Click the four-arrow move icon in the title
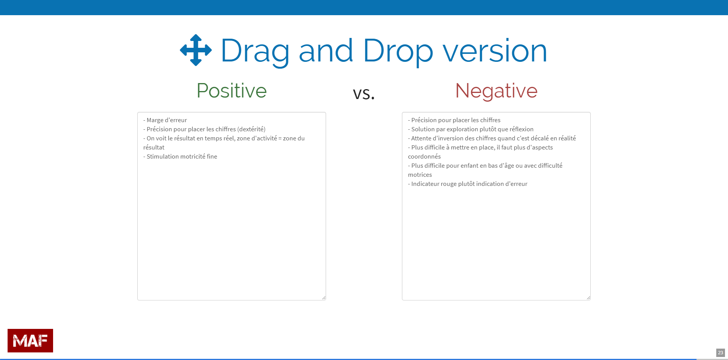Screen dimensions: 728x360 pos(196,50)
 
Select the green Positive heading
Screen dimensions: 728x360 pos(232,91)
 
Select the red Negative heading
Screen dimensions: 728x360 pos(496,91)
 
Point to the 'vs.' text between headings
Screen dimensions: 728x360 pos(364,93)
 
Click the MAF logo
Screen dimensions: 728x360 pos(30,341)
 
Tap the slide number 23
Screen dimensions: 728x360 pos(720,353)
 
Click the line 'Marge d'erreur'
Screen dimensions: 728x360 pos(165,120)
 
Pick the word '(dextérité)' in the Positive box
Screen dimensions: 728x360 pos(251,129)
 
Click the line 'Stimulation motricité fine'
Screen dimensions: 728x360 pos(180,157)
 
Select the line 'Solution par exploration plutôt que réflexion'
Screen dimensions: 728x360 pos(471,129)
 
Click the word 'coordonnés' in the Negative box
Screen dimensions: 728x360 pos(424,157)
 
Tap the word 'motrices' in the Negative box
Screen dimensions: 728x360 pos(420,175)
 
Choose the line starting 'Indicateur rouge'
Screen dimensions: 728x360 pos(468,184)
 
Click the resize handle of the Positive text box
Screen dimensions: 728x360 pos(324,298)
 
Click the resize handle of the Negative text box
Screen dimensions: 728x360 pos(588,298)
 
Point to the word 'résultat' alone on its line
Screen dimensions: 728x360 pos(154,148)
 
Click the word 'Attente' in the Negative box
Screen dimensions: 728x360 pos(421,138)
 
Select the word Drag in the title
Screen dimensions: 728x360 pos(255,51)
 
